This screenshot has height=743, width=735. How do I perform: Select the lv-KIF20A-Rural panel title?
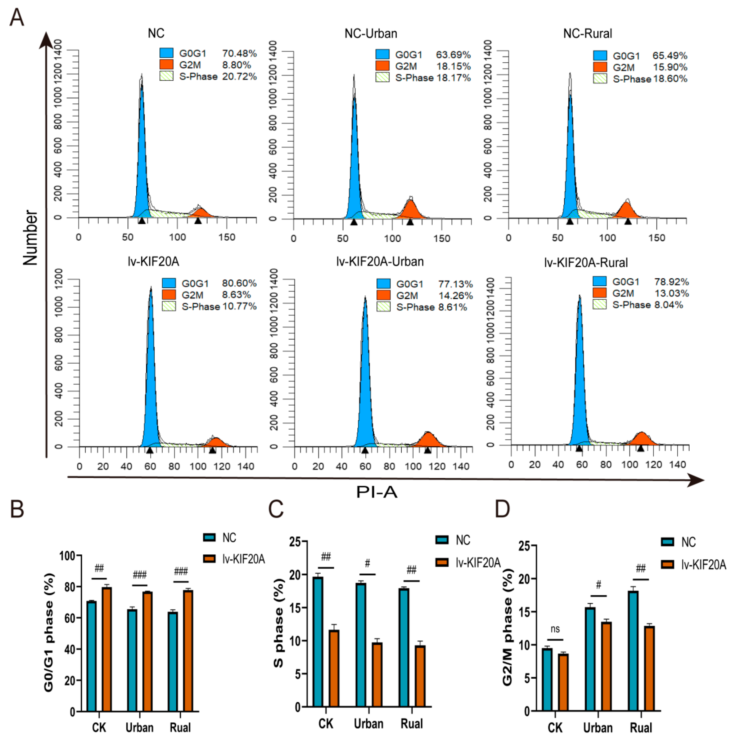pyautogui.click(x=586, y=263)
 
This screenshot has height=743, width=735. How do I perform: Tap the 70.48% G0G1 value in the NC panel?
pyautogui.click(x=239, y=53)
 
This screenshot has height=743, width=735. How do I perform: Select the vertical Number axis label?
pyautogui.click(x=30, y=237)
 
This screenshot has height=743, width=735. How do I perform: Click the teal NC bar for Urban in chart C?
pyautogui.click(x=361, y=645)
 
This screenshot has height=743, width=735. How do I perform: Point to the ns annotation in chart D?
pyautogui.click(x=555, y=629)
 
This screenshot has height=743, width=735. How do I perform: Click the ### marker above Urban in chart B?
pyautogui.click(x=139, y=575)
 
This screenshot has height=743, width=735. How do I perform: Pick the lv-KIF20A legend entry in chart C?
pyautogui.click(x=468, y=563)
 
